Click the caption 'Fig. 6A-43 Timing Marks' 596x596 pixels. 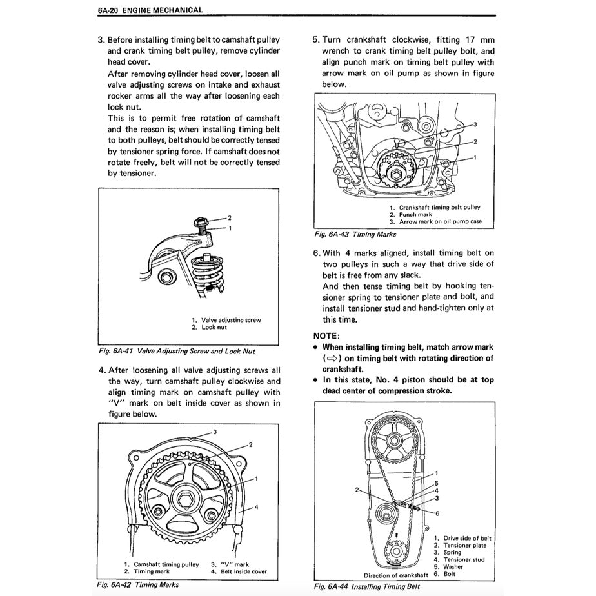point(355,234)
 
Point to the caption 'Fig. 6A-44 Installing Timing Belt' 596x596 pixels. point(366,586)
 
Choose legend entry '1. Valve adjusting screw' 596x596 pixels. point(226,320)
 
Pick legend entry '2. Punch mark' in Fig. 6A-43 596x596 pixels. point(410,214)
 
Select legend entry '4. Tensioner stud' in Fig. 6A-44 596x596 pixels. point(460,559)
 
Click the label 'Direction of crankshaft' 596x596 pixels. point(395,575)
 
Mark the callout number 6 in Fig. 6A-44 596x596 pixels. point(437,513)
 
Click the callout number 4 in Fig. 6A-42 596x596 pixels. point(256,507)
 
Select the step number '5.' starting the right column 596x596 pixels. point(316,39)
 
